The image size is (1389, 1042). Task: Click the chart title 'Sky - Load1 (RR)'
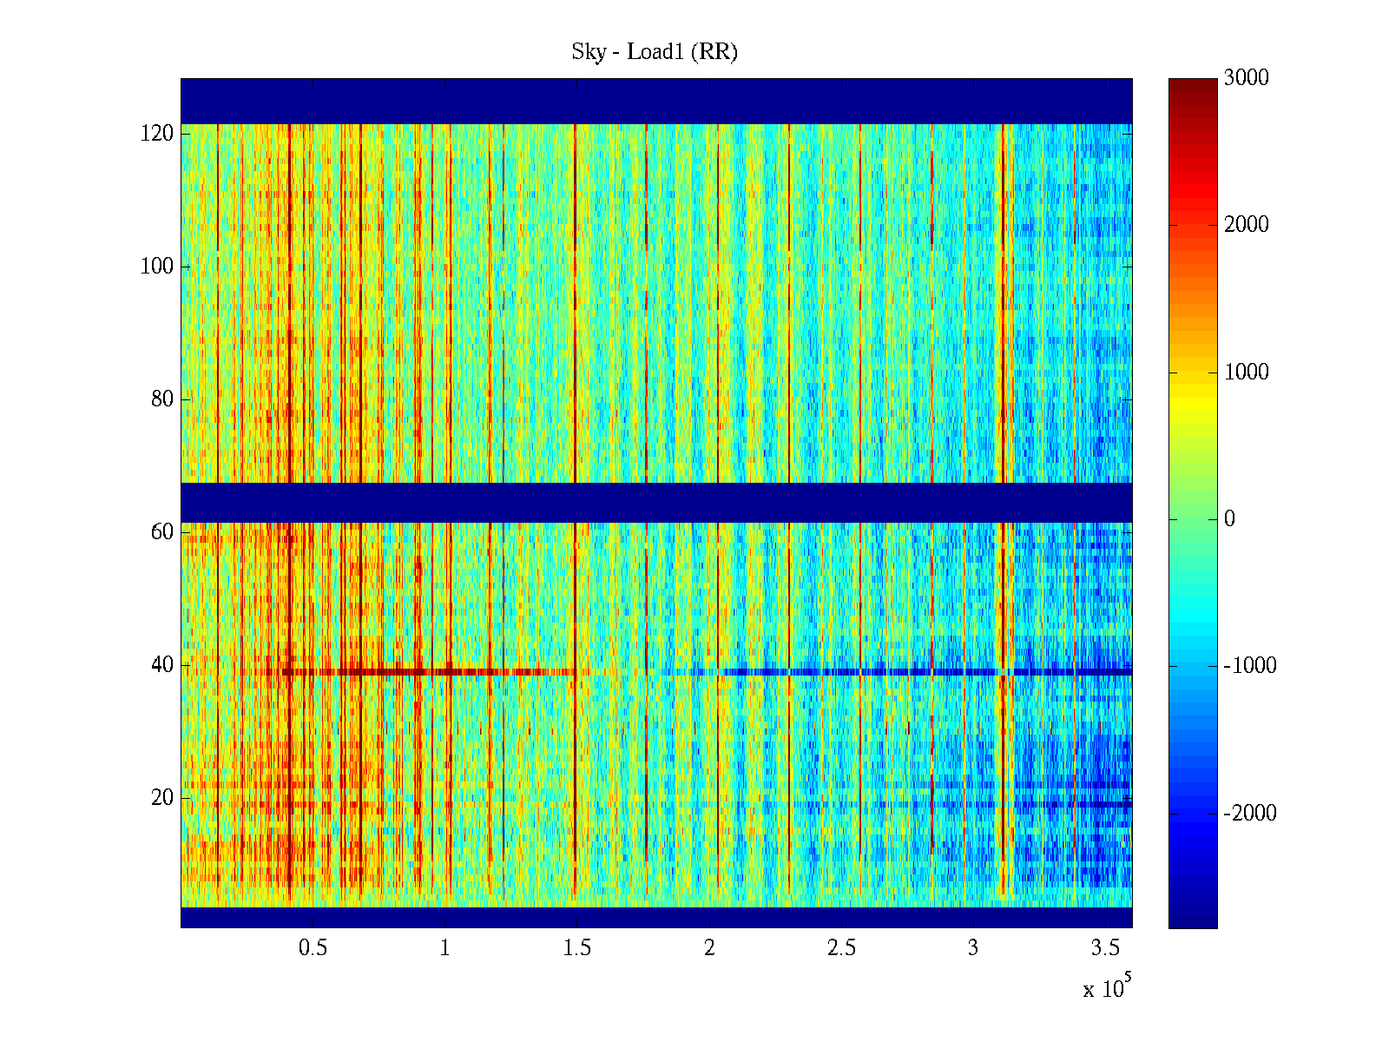[655, 52]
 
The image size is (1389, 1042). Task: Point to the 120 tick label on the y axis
[156, 134]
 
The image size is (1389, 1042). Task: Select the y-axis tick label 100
[156, 267]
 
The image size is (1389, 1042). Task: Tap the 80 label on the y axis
[161, 399]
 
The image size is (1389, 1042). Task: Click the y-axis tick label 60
[161, 532]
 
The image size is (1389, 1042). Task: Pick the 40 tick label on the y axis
[161, 665]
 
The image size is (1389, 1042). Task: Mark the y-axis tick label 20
[161, 798]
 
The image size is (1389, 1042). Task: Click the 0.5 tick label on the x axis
[313, 948]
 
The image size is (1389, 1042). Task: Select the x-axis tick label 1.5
[576, 948]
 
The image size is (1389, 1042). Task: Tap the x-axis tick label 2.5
[840, 948]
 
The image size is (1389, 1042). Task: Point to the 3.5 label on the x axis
[1104, 948]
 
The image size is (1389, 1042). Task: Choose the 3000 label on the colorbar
[1246, 78]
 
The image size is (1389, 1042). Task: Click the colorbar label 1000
[1246, 373]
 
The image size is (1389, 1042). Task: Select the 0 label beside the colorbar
[1229, 519]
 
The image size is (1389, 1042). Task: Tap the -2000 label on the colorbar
[1250, 814]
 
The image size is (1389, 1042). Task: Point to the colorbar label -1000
[1250, 666]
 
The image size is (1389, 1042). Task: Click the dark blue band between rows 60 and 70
[656, 502]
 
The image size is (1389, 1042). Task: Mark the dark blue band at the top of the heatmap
[656, 101]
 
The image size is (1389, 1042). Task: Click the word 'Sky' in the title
[588, 52]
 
